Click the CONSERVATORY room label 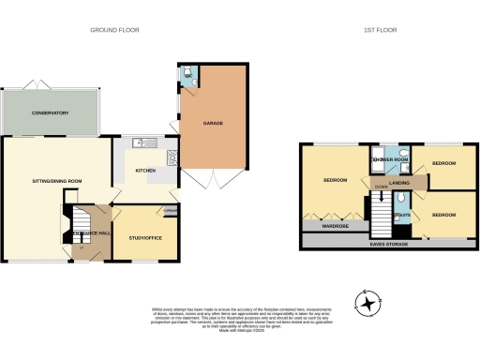50,113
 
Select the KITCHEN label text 145,171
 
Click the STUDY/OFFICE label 145,237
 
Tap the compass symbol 369,303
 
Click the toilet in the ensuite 400,199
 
